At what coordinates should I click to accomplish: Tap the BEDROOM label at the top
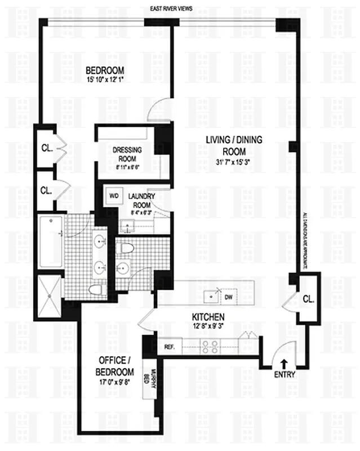click(x=105, y=71)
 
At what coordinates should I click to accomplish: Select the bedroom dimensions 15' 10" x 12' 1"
click(x=105, y=79)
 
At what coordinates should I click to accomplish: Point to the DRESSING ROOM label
click(x=127, y=154)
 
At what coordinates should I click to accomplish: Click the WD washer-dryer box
click(x=113, y=197)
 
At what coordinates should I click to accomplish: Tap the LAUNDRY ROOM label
click(x=141, y=200)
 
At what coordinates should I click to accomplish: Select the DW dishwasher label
click(x=228, y=295)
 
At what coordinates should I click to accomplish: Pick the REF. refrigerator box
click(x=169, y=346)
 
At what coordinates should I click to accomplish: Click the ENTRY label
click(x=283, y=374)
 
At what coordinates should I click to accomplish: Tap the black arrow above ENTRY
click(x=283, y=364)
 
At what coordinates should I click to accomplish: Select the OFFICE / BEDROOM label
click(x=117, y=365)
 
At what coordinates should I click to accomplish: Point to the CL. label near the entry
click(x=308, y=299)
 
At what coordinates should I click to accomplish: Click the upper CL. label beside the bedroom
click(x=46, y=149)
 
